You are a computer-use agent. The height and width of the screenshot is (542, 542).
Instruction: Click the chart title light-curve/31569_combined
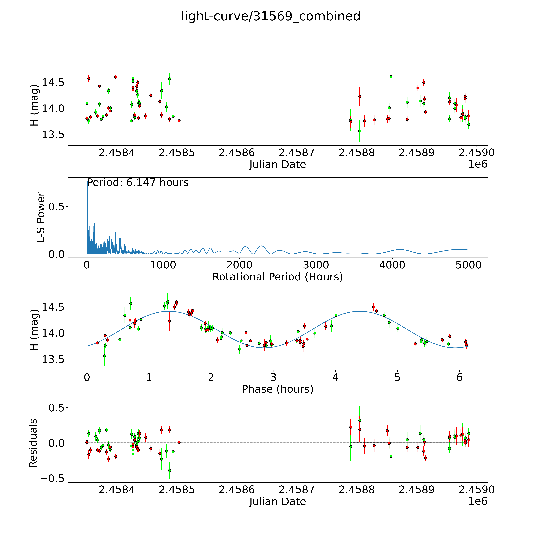[271, 16]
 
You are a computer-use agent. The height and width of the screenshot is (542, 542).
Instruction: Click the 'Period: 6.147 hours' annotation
[138, 183]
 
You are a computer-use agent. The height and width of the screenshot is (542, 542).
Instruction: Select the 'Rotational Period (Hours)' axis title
[277, 277]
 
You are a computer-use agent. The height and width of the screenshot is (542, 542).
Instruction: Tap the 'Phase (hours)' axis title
[277, 389]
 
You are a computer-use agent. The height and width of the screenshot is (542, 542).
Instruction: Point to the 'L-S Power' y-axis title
[41, 217]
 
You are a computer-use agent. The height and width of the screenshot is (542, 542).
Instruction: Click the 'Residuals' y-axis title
[33, 443]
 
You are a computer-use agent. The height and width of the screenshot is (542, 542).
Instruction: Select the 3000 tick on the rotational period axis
[316, 265]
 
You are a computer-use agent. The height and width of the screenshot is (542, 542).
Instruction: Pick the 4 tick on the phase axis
[335, 377]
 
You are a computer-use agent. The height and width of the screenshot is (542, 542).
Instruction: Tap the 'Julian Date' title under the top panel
[277, 164]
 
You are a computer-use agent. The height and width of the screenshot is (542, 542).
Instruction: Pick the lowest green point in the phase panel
[105, 356]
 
